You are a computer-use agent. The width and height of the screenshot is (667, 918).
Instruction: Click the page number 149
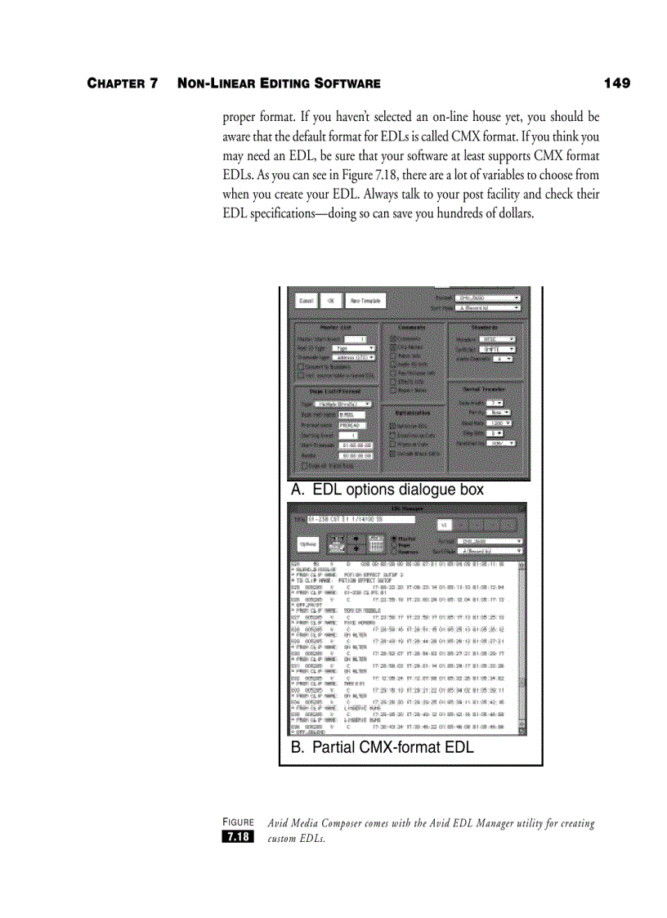point(617,83)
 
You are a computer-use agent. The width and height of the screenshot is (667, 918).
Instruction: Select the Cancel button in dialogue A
point(306,301)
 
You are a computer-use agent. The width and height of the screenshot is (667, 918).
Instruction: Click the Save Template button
point(366,301)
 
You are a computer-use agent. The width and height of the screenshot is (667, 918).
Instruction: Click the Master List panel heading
point(335,326)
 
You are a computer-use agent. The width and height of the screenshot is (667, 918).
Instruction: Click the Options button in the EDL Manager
point(307,543)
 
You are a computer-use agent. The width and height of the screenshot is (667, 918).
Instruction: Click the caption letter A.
point(297,490)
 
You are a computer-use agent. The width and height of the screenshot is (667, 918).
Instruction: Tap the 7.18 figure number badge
point(238,836)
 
